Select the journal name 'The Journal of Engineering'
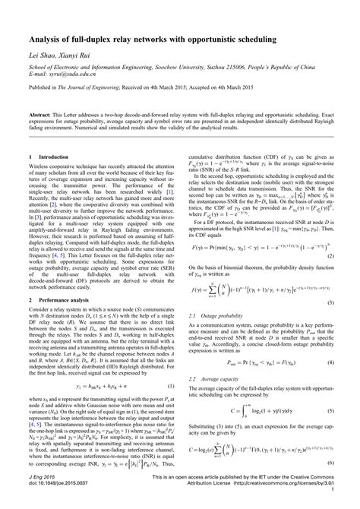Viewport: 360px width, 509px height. point(91,88)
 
